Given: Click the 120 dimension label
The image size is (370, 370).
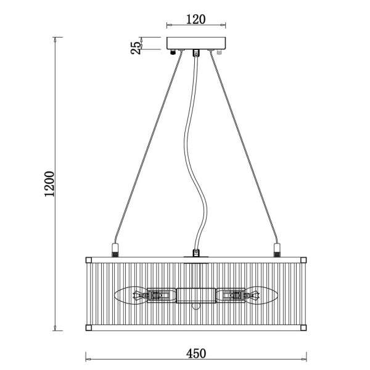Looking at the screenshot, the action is coord(196,19).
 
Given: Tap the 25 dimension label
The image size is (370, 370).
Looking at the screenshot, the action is coord(136,48).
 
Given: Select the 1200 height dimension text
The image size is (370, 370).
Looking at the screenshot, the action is coord(49,184).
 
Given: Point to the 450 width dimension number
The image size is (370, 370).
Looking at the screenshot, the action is coord(196,353).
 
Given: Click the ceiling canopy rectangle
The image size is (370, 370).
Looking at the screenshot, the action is coord(196,43).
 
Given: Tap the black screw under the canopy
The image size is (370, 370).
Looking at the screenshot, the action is coord(173,52).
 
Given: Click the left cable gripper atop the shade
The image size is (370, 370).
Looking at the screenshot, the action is coord(115,250).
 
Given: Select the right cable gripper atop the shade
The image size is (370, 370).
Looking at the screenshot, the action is coord(277,250).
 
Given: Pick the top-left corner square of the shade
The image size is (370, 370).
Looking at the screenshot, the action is coord(88,260).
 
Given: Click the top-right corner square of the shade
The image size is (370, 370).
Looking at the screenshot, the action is coord(303,260).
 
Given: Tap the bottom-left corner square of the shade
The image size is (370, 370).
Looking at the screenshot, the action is coord(88,328).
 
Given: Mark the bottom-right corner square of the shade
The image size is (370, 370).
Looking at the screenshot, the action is coord(303,328).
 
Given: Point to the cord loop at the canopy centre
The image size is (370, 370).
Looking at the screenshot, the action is coord(196,53).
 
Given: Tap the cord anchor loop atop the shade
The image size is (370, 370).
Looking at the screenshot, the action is coord(196,253).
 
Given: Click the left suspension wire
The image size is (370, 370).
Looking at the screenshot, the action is coord(149,147).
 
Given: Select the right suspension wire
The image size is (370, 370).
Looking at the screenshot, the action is coord(244,147).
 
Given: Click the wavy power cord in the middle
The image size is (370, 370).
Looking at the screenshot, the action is coord(195,153).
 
